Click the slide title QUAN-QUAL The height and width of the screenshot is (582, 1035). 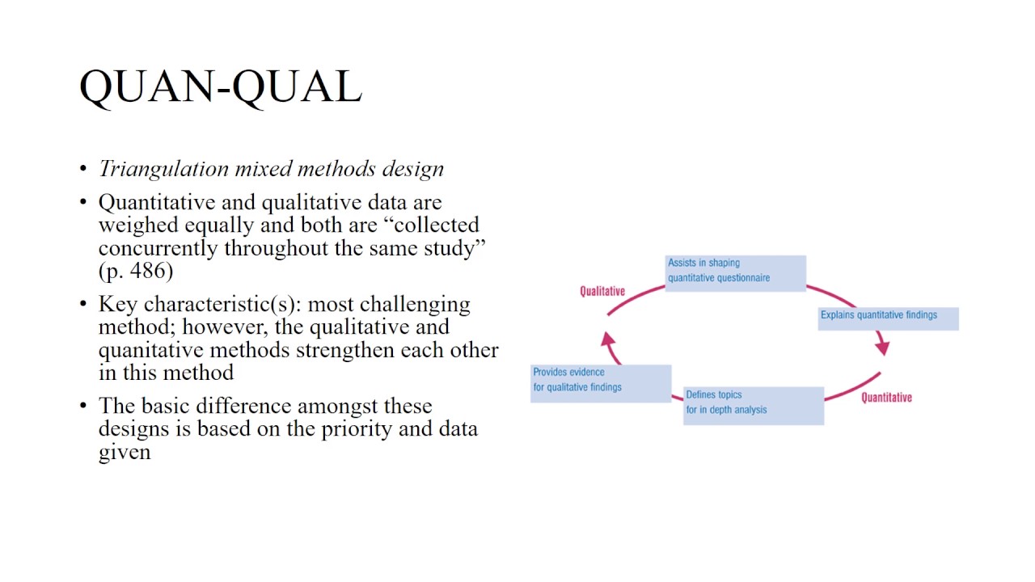pyautogui.click(x=220, y=86)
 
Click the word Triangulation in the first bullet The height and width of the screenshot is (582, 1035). pyautogui.click(x=163, y=168)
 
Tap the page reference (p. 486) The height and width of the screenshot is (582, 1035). pyautogui.click(x=136, y=271)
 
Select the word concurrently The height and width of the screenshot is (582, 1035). pyautogui.click(x=158, y=247)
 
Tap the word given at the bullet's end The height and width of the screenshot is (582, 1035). pyautogui.click(x=125, y=451)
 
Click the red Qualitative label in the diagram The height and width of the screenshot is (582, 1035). pyautogui.click(x=602, y=291)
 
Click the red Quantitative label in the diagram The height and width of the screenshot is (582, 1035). pyautogui.click(x=886, y=397)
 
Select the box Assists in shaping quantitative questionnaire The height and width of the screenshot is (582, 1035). pyautogui.click(x=735, y=272)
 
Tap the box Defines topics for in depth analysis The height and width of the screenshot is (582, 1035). pyautogui.click(x=753, y=404)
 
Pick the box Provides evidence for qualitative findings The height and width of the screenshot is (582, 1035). pyautogui.click(x=601, y=381)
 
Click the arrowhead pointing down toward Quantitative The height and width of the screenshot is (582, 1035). pyautogui.click(x=882, y=347)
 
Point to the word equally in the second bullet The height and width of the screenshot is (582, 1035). pyautogui.click(x=218, y=225)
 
